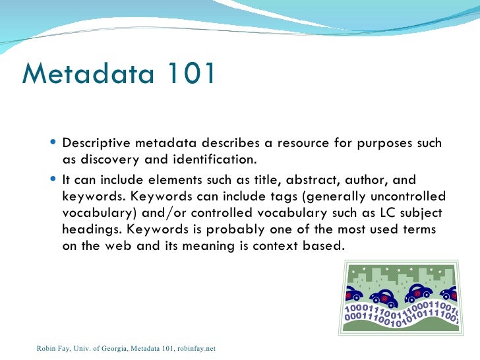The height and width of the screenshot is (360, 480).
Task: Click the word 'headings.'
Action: pos(92,231)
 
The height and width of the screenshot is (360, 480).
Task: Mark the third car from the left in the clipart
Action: pos(419,291)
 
